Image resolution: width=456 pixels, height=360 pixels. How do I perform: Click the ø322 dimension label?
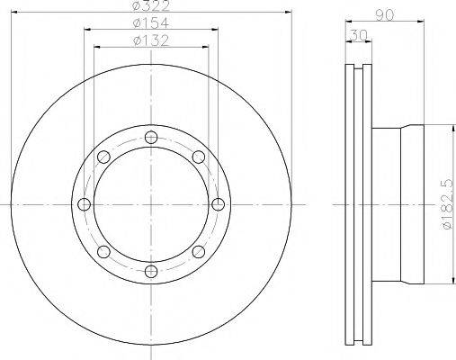[x=149, y=5]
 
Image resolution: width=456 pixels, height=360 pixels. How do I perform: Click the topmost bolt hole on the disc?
[x=149, y=139]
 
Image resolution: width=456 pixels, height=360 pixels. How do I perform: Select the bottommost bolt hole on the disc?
[x=149, y=270]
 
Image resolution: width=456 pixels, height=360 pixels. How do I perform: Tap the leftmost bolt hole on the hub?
[x=84, y=204]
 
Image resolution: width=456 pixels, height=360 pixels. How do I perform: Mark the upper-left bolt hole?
[x=103, y=157]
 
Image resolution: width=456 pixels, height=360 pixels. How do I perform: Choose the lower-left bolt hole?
[x=103, y=251]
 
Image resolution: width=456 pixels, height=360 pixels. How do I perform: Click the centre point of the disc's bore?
[x=149, y=204]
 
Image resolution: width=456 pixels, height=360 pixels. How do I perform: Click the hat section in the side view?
[x=396, y=204]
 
